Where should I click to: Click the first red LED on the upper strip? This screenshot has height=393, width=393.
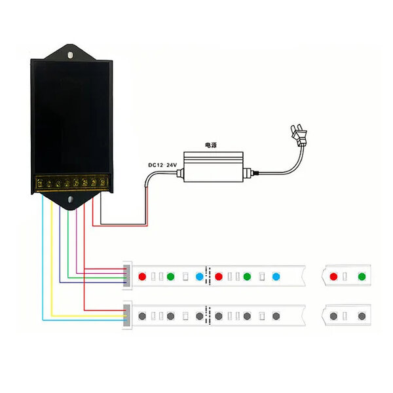point(141,276)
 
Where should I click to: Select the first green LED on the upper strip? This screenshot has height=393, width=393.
point(170,276)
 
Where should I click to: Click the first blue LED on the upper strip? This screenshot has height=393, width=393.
point(199,276)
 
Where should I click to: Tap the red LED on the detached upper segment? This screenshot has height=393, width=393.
point(334,276)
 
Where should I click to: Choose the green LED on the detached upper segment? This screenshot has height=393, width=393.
point(362,276)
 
